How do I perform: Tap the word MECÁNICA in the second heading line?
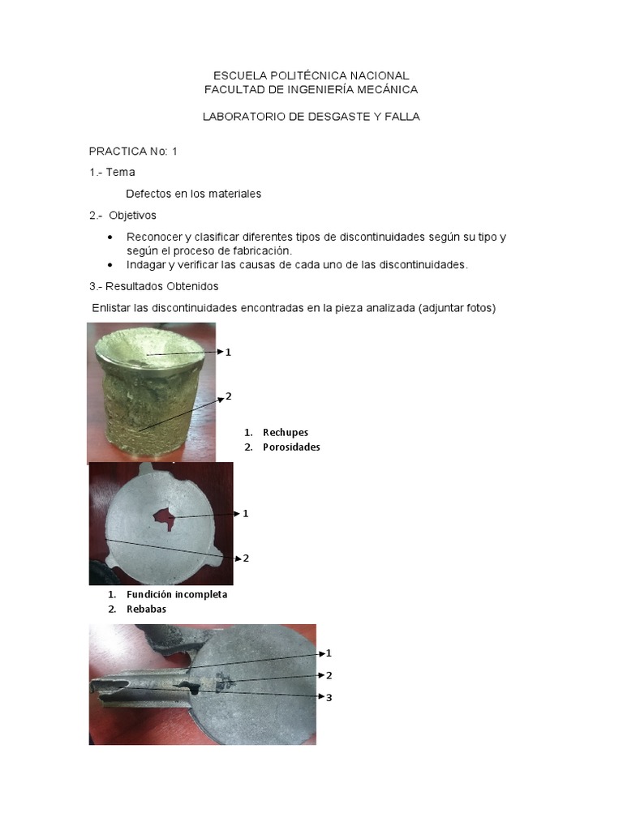pos(383,88)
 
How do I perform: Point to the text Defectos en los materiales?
pos(194,194)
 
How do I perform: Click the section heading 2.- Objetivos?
pos(122,216)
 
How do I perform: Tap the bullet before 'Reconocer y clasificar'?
pos(110,237)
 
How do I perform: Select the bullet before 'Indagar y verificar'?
pos(110,265)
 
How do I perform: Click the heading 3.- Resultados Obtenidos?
pos(153,286)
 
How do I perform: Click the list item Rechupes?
pos(286,432)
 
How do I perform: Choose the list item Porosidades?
pos(291,447)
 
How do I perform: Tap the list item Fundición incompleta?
pos(177,594)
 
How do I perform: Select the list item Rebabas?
pos(146,609)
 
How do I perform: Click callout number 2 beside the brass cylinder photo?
pos(229,396)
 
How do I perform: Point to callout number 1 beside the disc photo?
pos(246,513)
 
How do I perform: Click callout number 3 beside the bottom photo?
pos(329,697)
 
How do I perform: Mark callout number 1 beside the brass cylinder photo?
pos(229,352)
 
